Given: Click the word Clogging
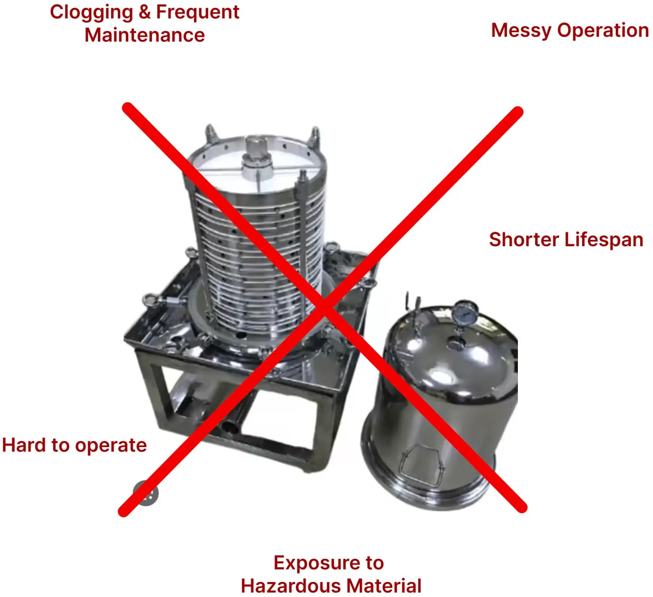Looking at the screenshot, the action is tap(91, 13).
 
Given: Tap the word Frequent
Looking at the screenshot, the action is tap(198, 12).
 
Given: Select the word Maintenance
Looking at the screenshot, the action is tap(144, 35).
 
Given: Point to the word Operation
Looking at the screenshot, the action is tap(603, 31).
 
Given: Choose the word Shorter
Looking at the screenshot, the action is tap(524, 240).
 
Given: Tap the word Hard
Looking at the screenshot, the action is tap(23, 445).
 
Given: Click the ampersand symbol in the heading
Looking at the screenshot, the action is tap(144, 13).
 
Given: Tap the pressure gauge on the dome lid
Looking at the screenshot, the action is tap(465, 312).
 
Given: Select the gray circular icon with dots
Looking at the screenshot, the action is tap(146, 493).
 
